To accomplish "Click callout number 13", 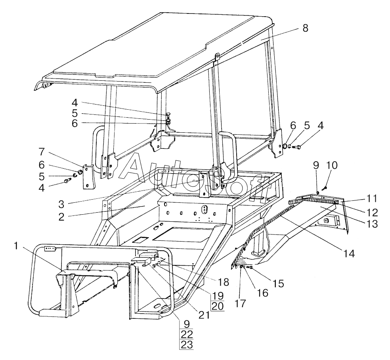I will point(371,224).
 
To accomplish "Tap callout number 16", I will point(262,293).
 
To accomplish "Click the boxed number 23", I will point(186,345).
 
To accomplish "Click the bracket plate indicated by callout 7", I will point(87,177).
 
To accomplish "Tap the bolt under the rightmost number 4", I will point(299,147).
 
